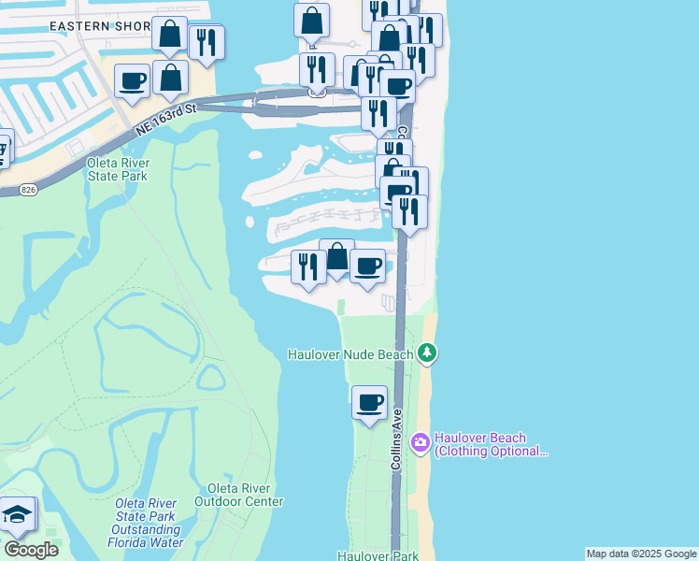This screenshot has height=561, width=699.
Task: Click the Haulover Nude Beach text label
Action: point(350,354)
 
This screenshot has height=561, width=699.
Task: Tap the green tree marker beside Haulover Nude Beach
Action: point(427,353)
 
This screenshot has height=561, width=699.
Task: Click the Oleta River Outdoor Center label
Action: point(238,495)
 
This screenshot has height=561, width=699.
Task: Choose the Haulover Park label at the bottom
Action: point(378,555)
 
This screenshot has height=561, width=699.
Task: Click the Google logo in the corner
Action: point(30,550)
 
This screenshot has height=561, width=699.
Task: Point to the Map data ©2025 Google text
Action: point(640,554)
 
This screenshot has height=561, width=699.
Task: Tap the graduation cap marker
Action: point(18,514)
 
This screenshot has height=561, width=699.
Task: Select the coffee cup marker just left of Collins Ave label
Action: point(369,403)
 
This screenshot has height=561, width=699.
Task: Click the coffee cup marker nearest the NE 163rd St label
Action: point(132,79)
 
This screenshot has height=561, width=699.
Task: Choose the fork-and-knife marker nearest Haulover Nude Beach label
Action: point(308,266)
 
